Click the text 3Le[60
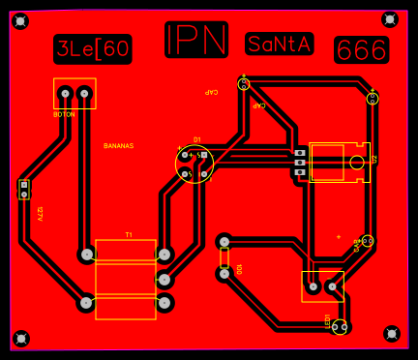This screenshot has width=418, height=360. tap(92, 48)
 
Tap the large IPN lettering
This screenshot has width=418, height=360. tap(196, 40)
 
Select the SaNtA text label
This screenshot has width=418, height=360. tap(280, 44)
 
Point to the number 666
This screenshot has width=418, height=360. tap(361, 50)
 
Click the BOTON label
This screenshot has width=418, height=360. tap(64, 114)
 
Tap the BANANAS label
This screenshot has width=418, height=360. tap(118, 145)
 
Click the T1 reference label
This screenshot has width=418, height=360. tap(129, 235)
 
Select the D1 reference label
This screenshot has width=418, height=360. tap(197, 139)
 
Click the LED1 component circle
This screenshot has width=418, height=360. tap(340, 327)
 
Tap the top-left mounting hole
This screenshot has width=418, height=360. tap(20, 21)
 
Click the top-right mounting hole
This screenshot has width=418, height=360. tap(390, 19)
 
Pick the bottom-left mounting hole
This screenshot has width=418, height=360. tap(20, 338)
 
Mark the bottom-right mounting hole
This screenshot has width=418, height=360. tap(391, 334)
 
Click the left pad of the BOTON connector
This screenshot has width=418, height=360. tap(65, 94)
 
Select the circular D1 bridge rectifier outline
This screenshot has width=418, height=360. tap(194, 163)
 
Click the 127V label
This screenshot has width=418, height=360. tap(40, 214)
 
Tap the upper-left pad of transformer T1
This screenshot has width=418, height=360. tap(87, 255)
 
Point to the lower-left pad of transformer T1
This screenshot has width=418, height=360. tap(87, 303)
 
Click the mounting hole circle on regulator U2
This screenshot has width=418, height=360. tap(357, 162)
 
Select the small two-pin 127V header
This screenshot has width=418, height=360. tap(24, 189)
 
